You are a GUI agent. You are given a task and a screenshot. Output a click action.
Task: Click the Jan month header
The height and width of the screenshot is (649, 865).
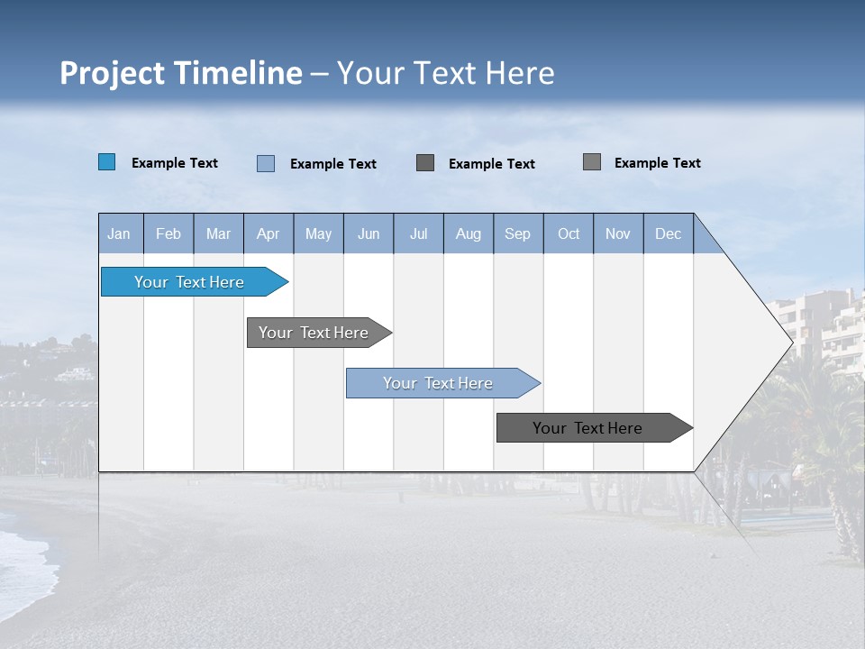pyautogui.click(x=119, y=233)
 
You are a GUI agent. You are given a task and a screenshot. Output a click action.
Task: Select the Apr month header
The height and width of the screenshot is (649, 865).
pyautogui.click(x=269, y=233)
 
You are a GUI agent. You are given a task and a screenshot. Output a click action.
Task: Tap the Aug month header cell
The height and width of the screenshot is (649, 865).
pyautogui.click(x=469, y=233)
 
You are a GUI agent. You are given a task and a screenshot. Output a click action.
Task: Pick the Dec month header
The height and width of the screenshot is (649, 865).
pyautogui.click(x=668, y=233)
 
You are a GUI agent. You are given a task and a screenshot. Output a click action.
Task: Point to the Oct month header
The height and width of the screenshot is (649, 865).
pyautogui.click(x=569, y=233)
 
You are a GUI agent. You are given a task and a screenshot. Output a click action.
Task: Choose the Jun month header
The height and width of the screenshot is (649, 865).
pyautogui.click(x=369, y=233)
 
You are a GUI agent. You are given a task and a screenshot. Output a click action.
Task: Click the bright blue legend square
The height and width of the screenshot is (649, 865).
pyautogui.click(x=106, y=162)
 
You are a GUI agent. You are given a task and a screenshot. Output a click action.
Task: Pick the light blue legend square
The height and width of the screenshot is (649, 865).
pyautogui.click(x=266, y=163)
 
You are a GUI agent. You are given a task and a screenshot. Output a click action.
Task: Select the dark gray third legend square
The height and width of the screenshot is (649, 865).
pyautogui.click(x=425, y=163)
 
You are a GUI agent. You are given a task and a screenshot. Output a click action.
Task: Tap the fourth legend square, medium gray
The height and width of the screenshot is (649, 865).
pyautogui.click(x=592, y=162)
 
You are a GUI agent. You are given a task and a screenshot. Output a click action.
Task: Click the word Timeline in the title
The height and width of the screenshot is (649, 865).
pyautogui.click(x=238, y=73)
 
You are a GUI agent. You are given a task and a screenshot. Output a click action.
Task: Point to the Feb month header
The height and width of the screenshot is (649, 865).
pyautogui.click(x=168, y=233)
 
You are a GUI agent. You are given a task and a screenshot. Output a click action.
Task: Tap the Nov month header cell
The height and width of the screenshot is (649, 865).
pyautogui.click(x=618, y=233)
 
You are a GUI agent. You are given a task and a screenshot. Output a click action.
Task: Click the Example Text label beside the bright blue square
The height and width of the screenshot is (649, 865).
pyautogui.click(x=175, y=163)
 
